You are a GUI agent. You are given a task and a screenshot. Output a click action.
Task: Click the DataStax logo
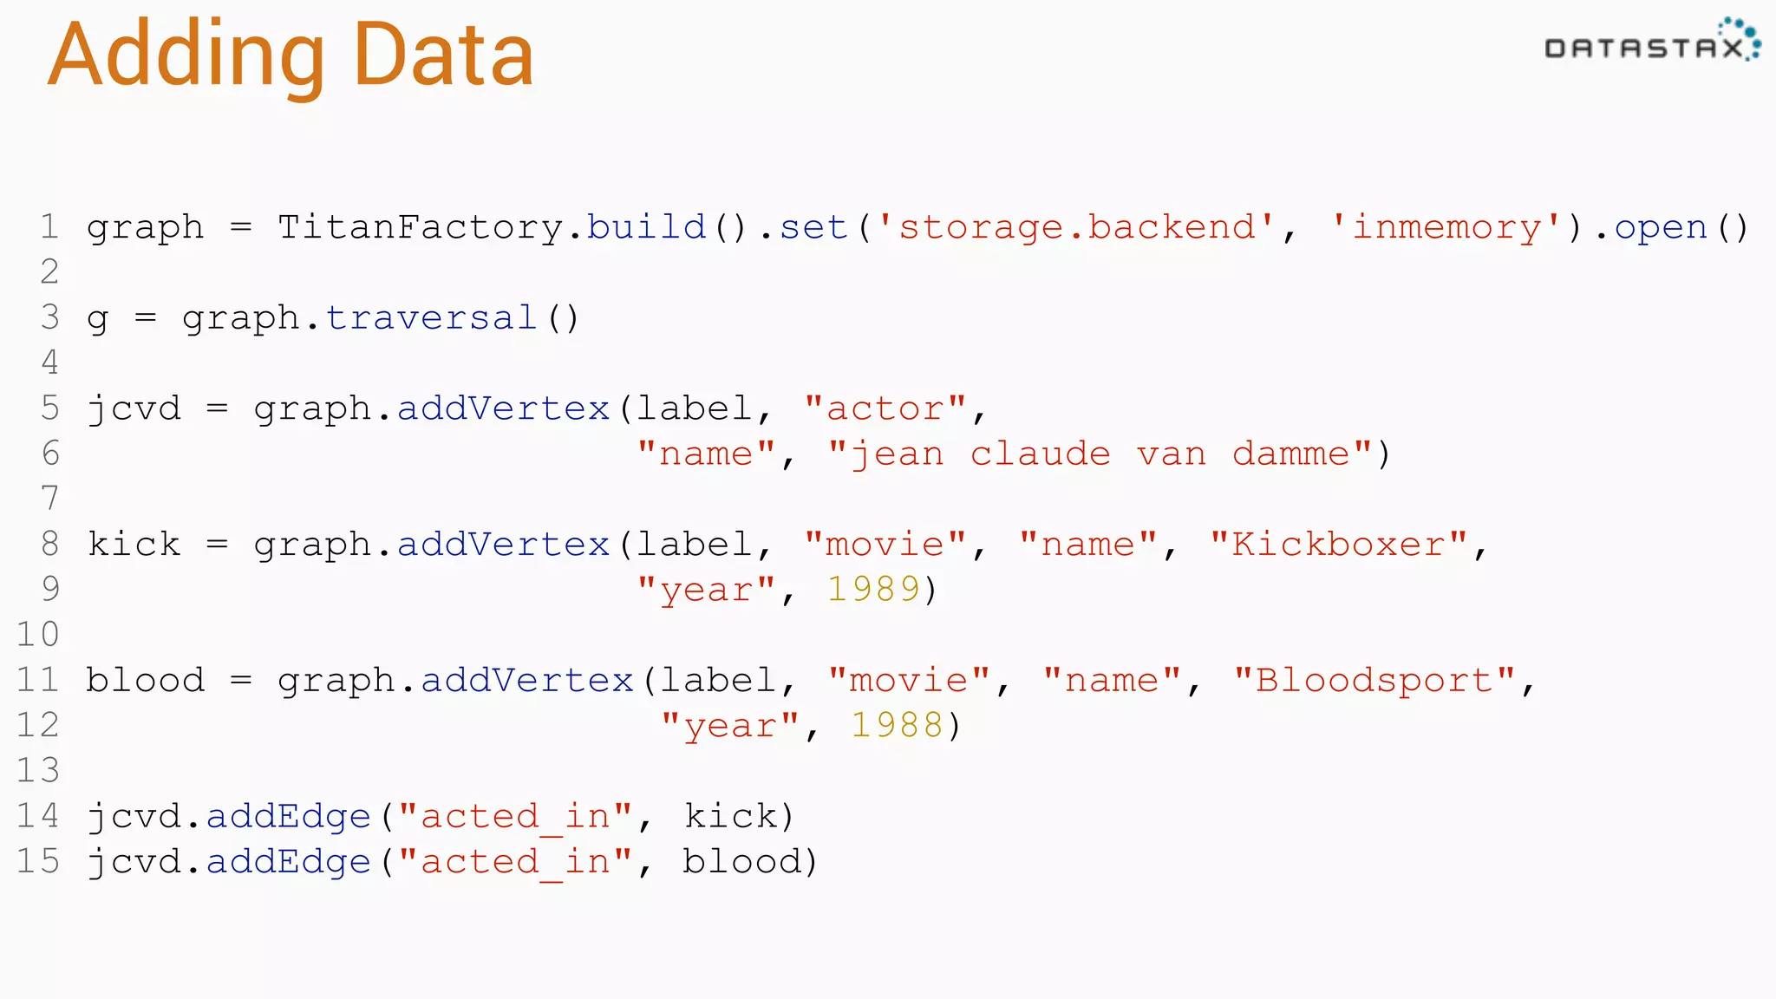click(1651, 42)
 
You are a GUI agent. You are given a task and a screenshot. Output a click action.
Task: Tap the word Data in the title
click(443, 55)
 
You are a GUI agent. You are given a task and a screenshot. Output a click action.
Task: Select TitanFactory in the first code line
click(421, 227)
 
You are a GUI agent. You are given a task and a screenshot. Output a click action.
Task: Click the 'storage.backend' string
click(1076, 227)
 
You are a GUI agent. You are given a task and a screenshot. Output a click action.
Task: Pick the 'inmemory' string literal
click(1446, 227)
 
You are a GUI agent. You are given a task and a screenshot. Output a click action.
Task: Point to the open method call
click(1660, 227)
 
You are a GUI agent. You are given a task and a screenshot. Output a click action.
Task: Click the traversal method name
click(431, 318)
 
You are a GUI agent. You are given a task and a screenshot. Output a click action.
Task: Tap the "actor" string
click(885, 408)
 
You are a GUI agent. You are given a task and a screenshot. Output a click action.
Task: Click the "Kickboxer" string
click(1338, 545)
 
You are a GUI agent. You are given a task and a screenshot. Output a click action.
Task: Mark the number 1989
click(872, 590)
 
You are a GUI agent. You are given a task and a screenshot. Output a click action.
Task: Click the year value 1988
click(897, 726)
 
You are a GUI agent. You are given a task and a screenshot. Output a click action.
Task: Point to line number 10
click(38, 635)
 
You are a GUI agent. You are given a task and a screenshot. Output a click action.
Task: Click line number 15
click(38, 861)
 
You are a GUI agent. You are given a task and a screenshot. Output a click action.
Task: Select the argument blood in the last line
click(742, 861)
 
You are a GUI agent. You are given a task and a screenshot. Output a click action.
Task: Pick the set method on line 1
click(813, 227)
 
